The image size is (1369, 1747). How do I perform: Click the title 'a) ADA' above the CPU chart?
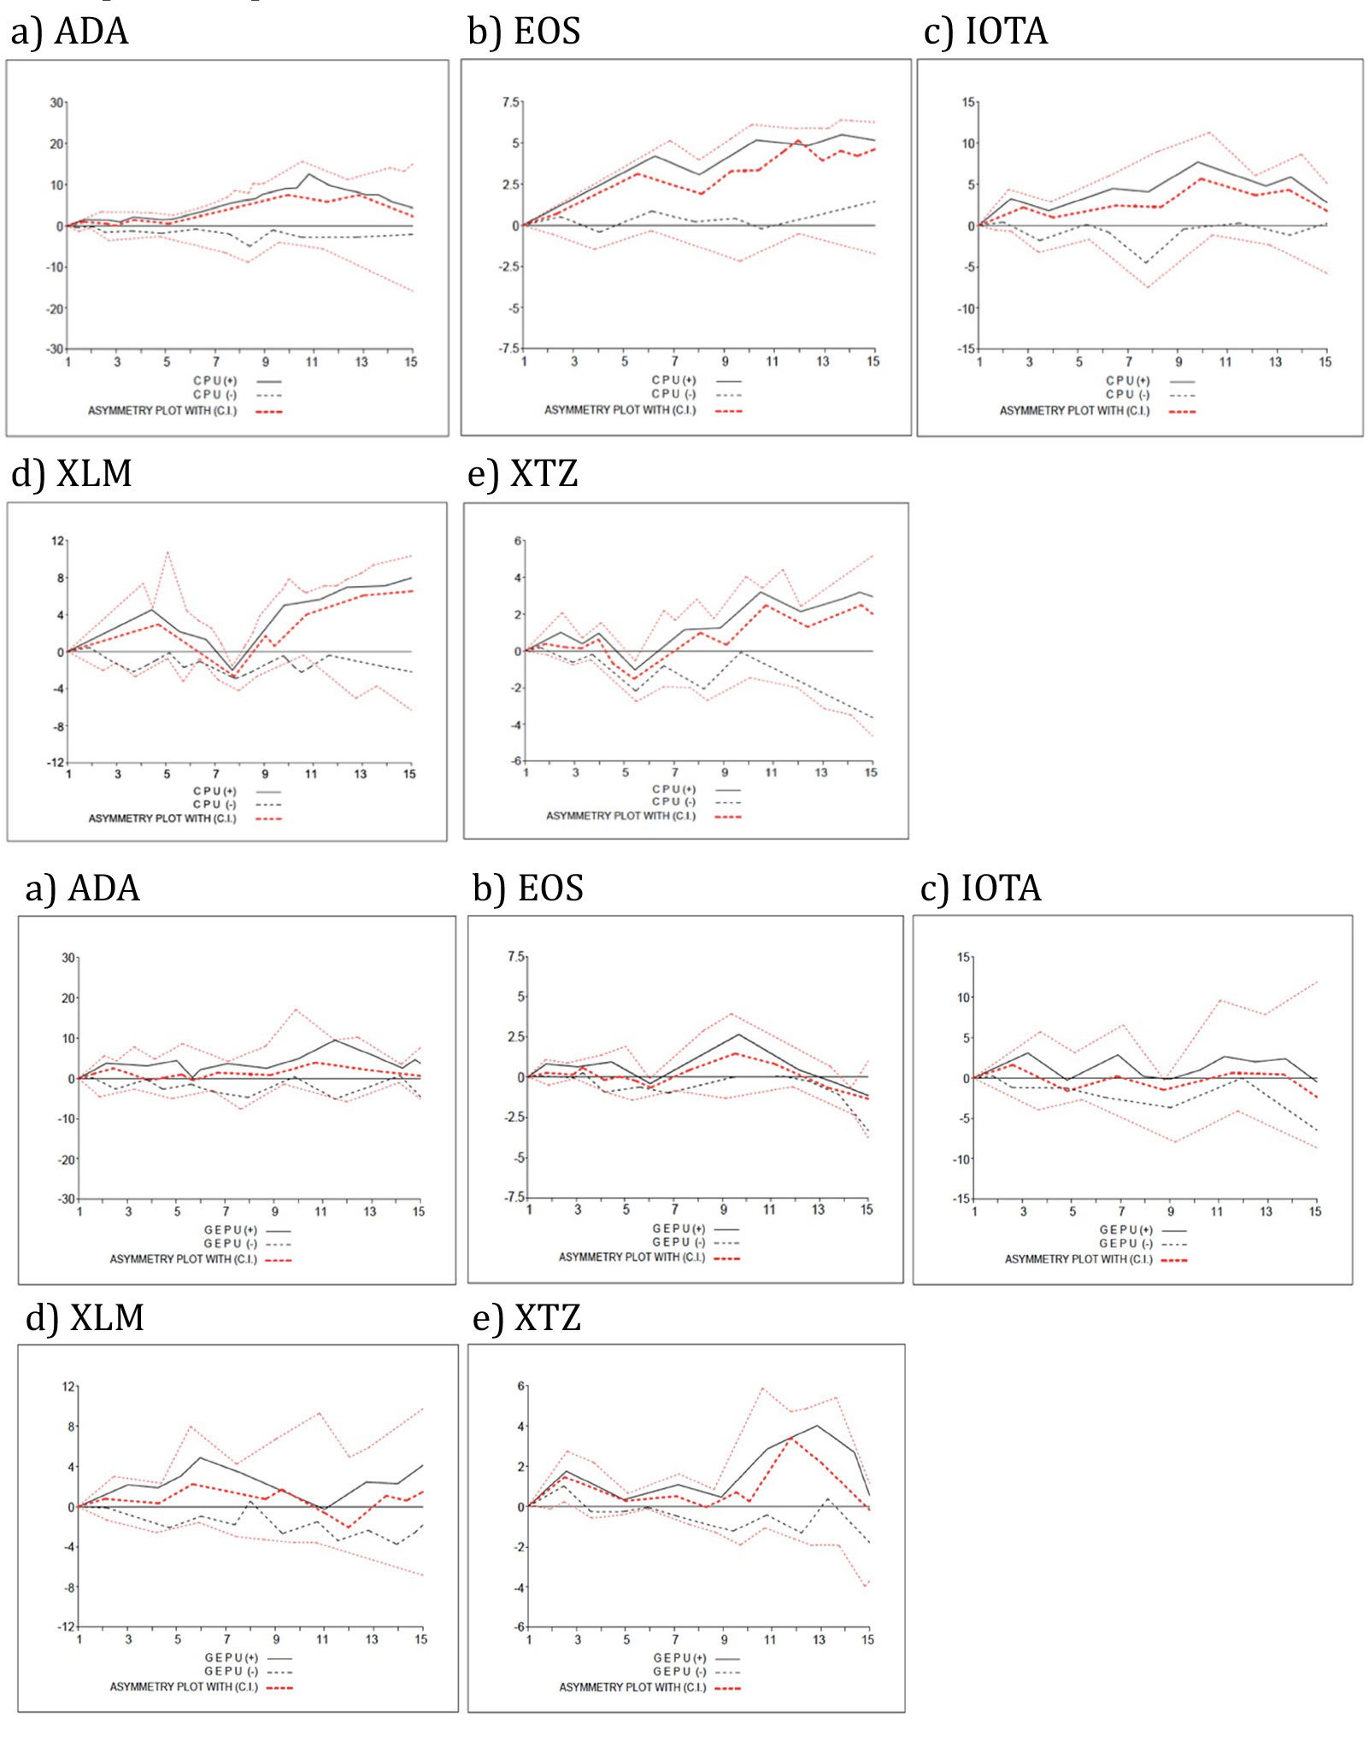(x=69, y=32)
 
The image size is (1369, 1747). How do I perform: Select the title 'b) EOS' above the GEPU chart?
(x=527, y=888)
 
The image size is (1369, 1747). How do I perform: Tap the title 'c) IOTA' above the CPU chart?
(x=985, y=32)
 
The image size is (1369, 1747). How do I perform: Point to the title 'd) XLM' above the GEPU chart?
(x=84, y=1317)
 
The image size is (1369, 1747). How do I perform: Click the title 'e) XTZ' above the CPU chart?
(x=522, y=473)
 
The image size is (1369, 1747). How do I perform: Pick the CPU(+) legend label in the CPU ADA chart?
(x=214, y=381)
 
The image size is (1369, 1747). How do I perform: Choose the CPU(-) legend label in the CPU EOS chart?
(x=673, y=395)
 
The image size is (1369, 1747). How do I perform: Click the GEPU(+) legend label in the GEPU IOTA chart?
(x=1125, y=1230)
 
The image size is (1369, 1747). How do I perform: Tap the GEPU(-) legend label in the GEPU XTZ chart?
(x=679, y=1672)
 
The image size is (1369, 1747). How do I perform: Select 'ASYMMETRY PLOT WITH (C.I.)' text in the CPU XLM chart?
(x=162, y=818)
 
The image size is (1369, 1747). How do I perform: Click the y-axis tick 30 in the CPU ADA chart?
(x=56, y=103)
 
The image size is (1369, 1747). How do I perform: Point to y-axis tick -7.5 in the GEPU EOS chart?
(x=514, y=1197)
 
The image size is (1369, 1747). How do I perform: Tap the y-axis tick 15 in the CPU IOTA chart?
(x=968, y=103)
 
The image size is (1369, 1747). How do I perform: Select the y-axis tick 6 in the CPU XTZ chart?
(x=517, y=541)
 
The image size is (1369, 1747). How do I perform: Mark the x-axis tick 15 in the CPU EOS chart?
(x=873, y=361)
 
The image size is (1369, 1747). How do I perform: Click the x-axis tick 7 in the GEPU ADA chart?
(x=226, y=1211)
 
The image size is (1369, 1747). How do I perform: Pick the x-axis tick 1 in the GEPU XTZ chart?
(x=528, y=1639)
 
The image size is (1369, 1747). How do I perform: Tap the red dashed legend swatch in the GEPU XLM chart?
(x=279, y=1687)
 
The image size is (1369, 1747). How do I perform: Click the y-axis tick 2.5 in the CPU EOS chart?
(x=510, y=185)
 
